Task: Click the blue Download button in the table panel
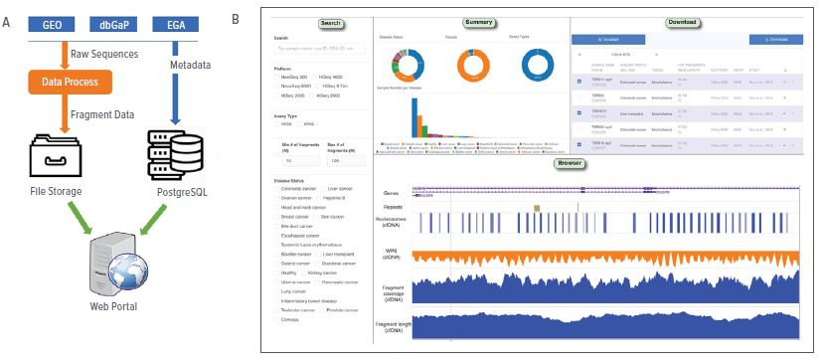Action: (x=774, y=40)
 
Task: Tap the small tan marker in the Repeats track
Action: (x=537, y=207)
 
